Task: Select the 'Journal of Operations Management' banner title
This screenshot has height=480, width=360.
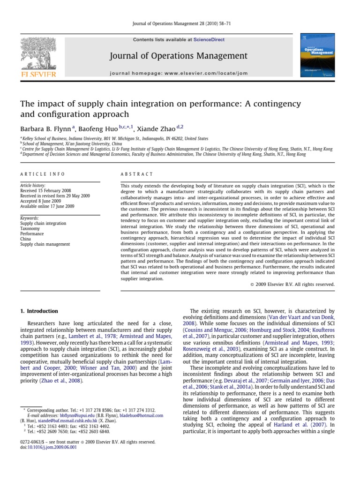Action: click(178, 56)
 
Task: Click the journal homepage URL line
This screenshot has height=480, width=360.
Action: click(178, 74)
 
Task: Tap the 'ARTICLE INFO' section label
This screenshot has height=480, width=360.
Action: click(43, 174)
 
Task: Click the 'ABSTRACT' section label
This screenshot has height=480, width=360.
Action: click(137, 174)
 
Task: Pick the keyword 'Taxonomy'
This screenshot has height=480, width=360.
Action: click(30, 229)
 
